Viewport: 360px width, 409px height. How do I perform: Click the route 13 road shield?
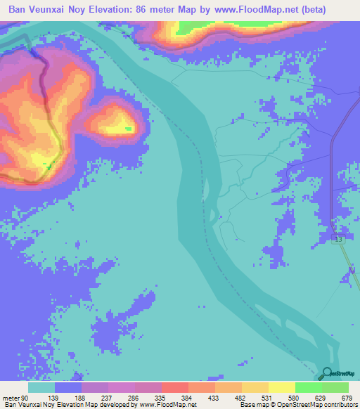pos(339,240)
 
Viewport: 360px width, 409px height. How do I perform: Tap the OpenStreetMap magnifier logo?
pos(327,373)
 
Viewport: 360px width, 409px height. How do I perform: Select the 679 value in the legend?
pos(345,397)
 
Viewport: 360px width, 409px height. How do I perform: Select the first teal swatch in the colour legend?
pos(41,387)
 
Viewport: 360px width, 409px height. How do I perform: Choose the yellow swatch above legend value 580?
pos(281,387)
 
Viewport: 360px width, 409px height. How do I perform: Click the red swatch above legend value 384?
pos(175,387)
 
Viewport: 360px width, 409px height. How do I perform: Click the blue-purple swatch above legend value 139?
pos(68,387)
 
